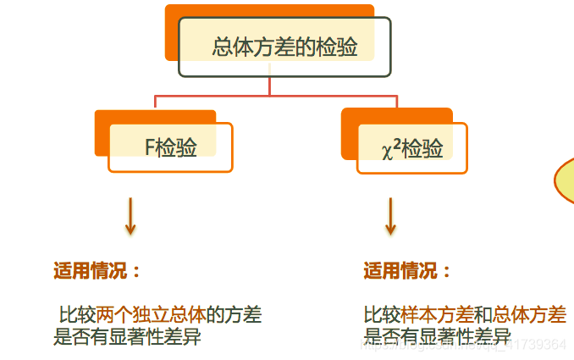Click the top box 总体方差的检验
284,47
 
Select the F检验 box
171,147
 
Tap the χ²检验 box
412,149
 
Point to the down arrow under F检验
130,217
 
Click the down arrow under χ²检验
390,217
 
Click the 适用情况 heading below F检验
97,271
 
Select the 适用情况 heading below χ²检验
407,271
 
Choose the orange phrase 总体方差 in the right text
529,316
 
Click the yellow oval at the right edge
565,179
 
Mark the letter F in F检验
150,147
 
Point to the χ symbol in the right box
387,152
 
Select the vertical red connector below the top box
270,86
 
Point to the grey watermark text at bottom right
474,344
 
